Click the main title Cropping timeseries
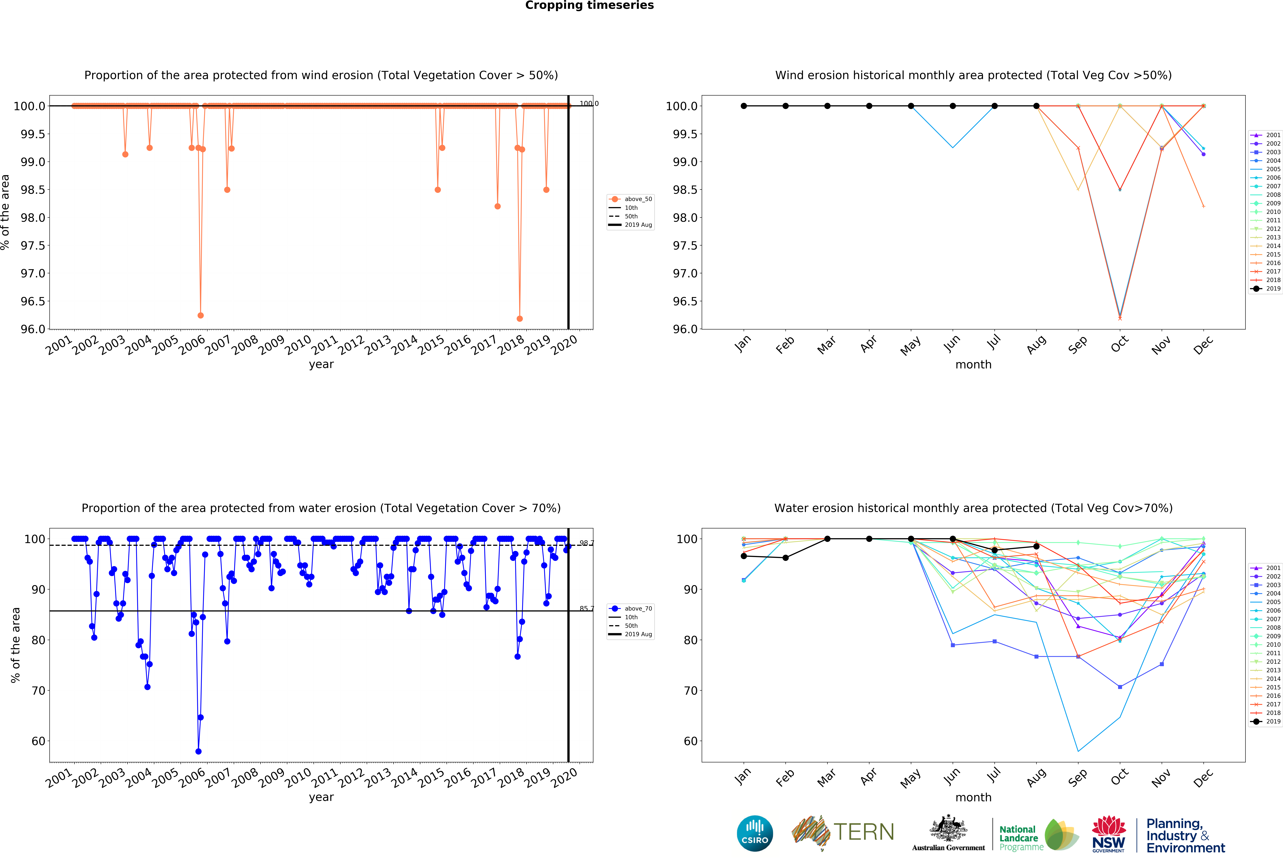(589, 6)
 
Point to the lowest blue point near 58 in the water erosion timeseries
(198, 751)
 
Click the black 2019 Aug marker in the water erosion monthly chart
(1036, 546)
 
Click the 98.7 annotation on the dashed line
(586, 543)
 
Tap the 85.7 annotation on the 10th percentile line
(586, 609)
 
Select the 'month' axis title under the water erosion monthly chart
(973, 798)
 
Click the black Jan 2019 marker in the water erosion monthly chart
(744, 556)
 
